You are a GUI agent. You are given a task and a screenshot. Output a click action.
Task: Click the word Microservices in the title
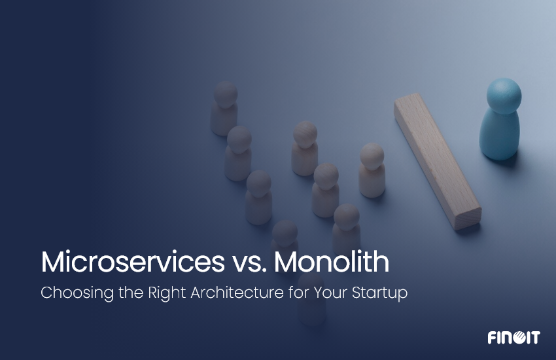click(x=128, y=262)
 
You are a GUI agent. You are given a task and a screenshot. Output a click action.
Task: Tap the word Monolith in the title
click(x=332, y=262)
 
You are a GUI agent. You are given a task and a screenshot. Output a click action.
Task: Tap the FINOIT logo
click(x=513, y=338)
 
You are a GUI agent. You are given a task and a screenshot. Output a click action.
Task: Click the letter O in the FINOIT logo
click(x=516, y=338)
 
